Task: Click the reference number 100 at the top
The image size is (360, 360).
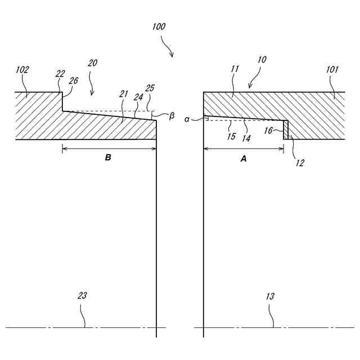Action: pyautogui.click(x=159, y=26)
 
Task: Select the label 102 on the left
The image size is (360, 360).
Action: pyautogui.click(x=22, y=70)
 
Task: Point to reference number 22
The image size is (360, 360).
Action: pyautogui.click(x=61, y=74)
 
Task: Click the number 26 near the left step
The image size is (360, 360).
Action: pyautogui.click(x=73, y=80)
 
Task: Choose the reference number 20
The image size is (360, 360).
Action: pyautogui.click(x=92, y=63)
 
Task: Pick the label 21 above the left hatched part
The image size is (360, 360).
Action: pyautogui.click(x=124, y=93)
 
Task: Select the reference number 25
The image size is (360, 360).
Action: pyautogui.click(x=149, y=89)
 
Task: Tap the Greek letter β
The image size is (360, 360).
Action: pyautogui.click(x=172, y=116)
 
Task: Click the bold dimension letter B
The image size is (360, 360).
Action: pyautogui.click(x=108, y=158)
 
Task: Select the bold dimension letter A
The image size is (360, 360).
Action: pyautogui.click(x=244, y=159)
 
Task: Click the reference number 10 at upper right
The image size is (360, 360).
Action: pyautogui.click(x=262, y=59)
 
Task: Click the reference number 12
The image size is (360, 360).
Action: pyautogui.click(x=300, y=163)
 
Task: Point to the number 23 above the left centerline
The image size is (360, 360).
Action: pyautogui.click(x=83, y=295)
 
